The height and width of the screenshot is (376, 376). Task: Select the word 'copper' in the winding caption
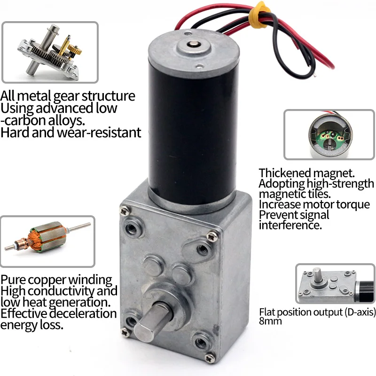point(48,280)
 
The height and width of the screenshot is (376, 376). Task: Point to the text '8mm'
point(270,321)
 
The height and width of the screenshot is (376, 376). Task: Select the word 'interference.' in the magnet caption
point(290,226)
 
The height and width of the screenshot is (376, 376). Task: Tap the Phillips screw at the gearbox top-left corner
point(125,211)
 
